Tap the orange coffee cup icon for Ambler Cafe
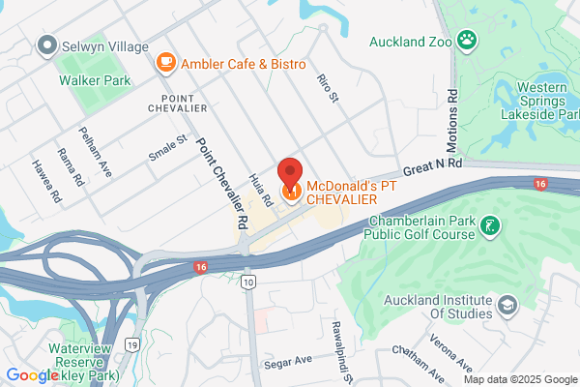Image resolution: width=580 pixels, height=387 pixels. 165,63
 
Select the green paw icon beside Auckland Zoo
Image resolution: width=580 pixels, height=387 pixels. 467,41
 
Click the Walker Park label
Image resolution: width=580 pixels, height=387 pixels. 95,81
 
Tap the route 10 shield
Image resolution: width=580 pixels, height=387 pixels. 249,282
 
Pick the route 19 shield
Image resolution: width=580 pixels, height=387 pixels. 132,342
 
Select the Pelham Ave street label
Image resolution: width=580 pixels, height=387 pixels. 97,153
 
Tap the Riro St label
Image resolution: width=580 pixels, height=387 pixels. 329,85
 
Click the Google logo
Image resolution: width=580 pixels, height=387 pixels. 31,375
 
